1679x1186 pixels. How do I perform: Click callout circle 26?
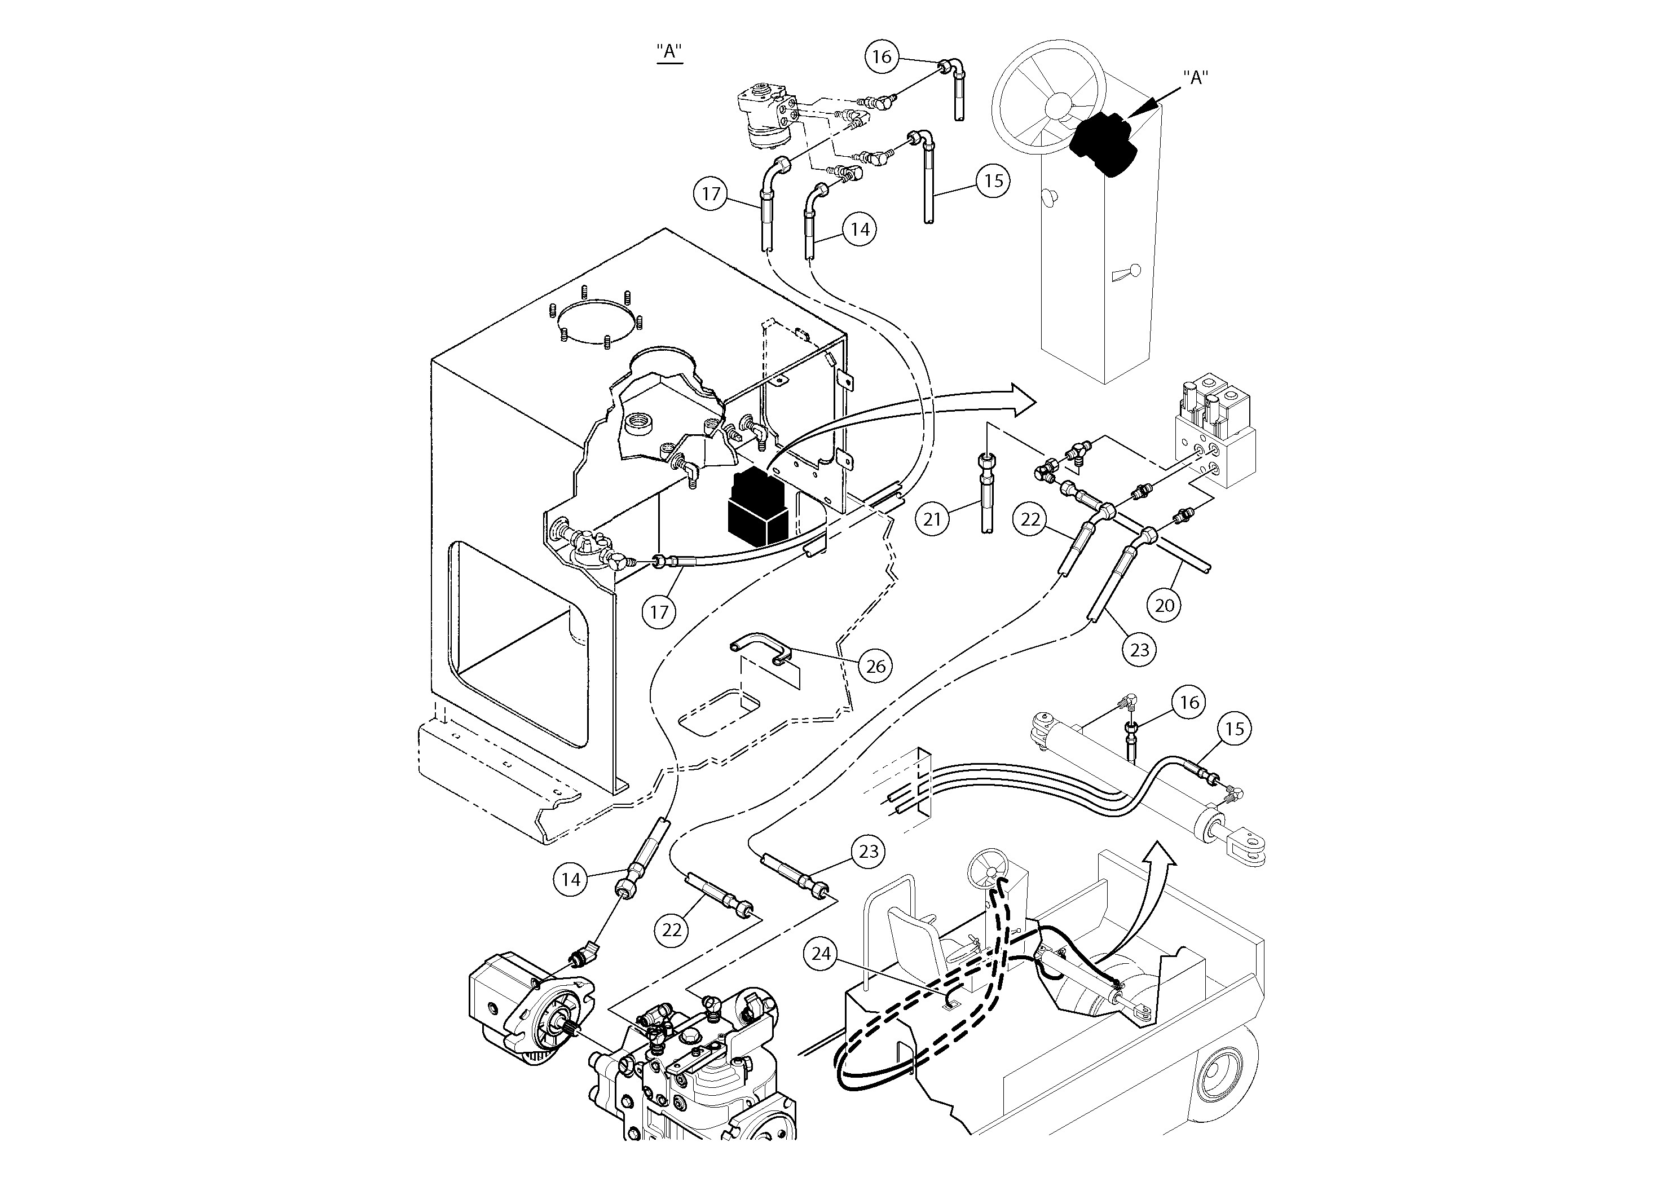tap(876, 665)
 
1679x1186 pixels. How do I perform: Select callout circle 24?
tap(821, 954)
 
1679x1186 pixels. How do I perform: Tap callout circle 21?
tap(932, 519)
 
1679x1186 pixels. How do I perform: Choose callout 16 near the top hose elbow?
tap(882, 56)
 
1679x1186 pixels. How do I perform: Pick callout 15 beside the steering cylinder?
tap(1235, 729)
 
